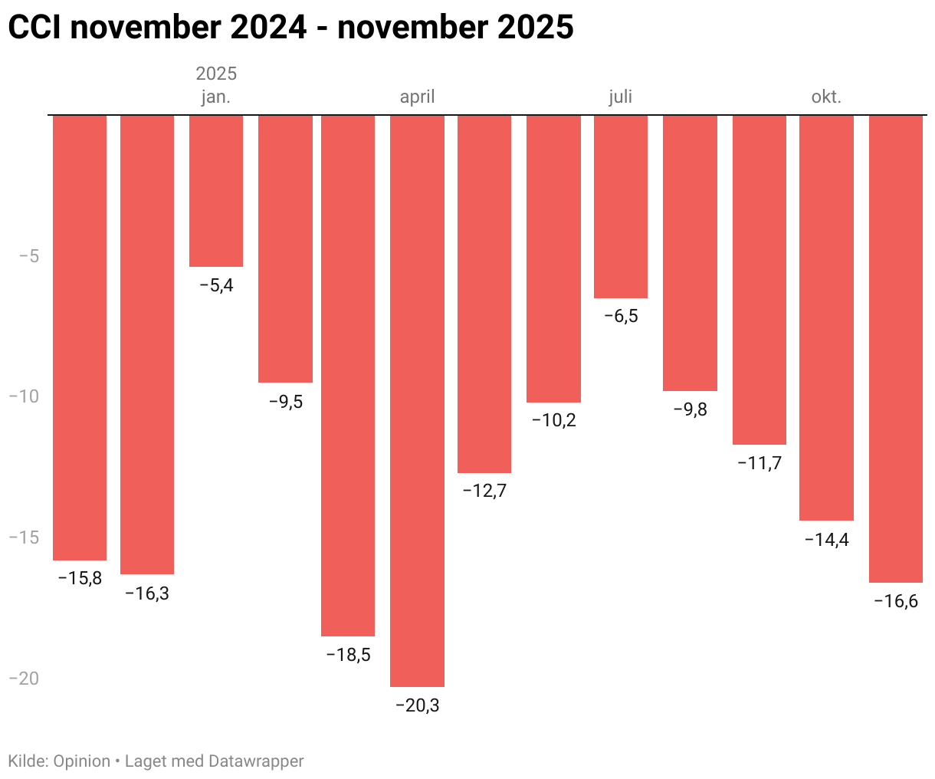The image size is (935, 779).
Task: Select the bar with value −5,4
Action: (x=216, y=191)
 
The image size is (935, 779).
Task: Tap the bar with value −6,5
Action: (x=621, y=206)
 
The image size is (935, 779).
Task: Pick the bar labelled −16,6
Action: (x=895, y=349)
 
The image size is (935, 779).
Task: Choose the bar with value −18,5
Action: (x=348, y=375)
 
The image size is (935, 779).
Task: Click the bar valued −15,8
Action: (x=80, y=337)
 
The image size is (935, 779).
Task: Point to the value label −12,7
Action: (x=484, y=491)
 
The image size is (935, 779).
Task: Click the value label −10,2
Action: (x=553, y=420)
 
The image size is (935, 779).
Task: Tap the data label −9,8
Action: (x=690, y=409)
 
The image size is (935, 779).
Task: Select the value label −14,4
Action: (x=826, y=540)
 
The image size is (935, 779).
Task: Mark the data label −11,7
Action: (x=759, y=463)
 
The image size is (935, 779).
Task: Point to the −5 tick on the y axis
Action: (x=28, y=255)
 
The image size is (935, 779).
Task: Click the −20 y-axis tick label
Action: (x=24, y=678)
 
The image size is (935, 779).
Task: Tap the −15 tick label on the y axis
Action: (x=24, y=537)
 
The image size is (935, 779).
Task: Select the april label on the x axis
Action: (x=417, y=97)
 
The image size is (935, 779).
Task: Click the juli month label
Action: (x=621, y=97)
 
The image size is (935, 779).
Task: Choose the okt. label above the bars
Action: (x=826, y=97)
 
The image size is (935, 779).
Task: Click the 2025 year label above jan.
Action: (x=216, y=74)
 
